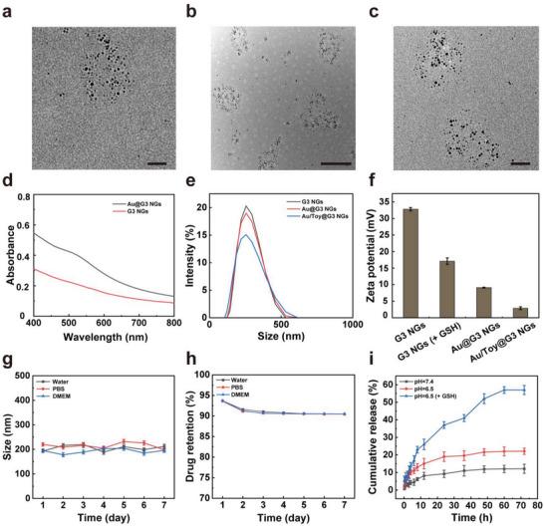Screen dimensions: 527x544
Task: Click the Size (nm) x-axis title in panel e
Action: point(279,337)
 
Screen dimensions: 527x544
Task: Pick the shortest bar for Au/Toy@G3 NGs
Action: point(520,312)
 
